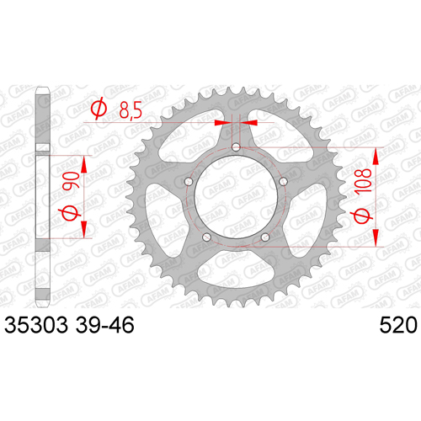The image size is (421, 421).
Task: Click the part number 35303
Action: pyautogui.click(x=36, y=325)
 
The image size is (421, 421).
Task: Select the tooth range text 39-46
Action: pyautogui.click(x=104, y=325)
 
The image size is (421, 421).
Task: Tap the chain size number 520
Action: pyautogui.click(x=398, y=325)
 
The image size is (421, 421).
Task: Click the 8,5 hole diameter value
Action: pyautogui.click(x=131, y=109)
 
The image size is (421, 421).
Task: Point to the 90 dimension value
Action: pyautogui.click(x=71, y=181)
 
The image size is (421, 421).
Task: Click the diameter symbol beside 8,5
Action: pyautogui.click(x=99, y=109)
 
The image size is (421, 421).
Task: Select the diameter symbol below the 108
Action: pyautogui.click(x=362, y=215)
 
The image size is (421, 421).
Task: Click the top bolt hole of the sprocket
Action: pyautogui.click(x=236, y=147)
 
